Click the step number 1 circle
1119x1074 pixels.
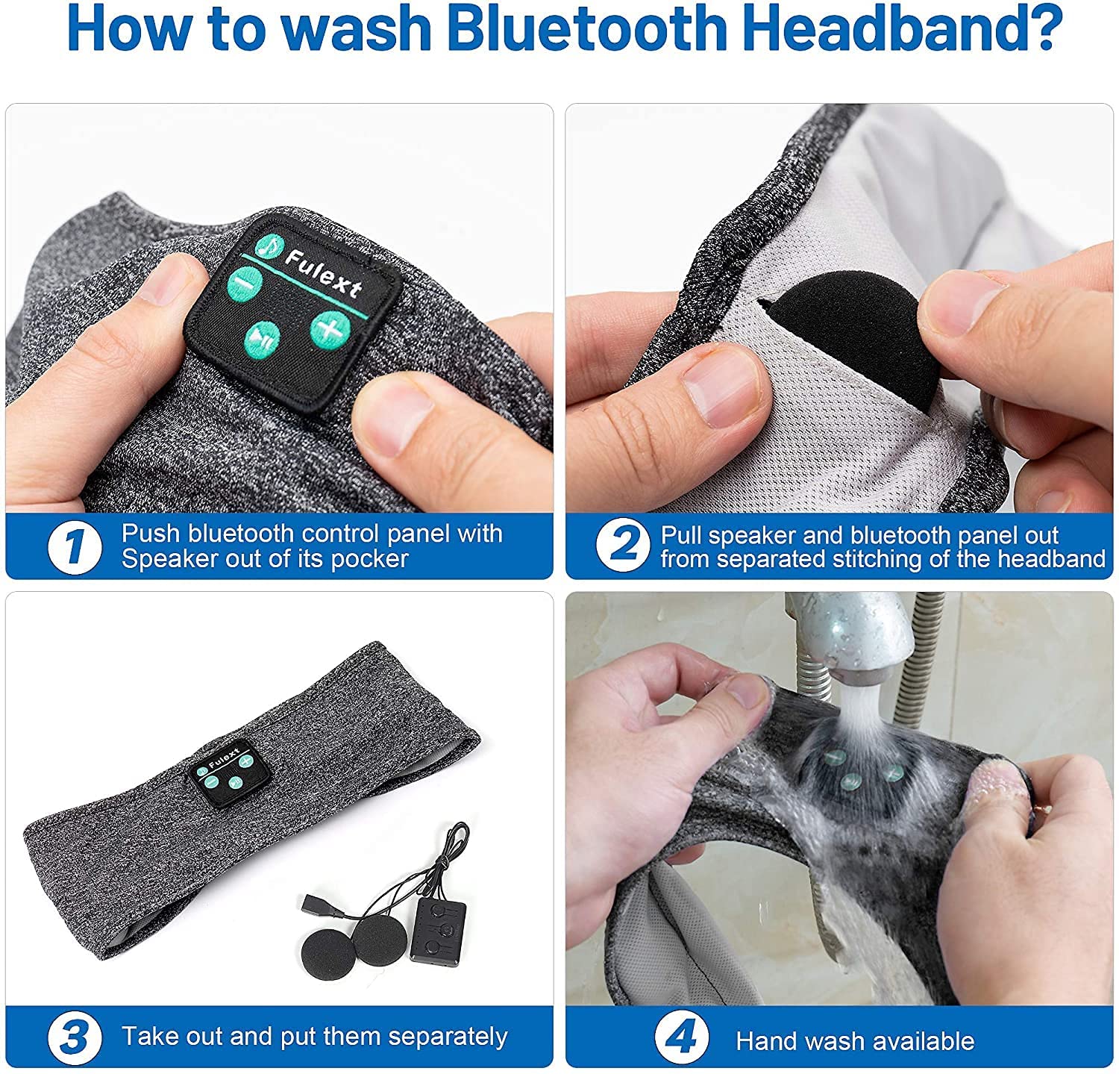point(75,546)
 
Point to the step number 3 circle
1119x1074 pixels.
point(75,1037)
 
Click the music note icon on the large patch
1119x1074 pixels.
point(264,246)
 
